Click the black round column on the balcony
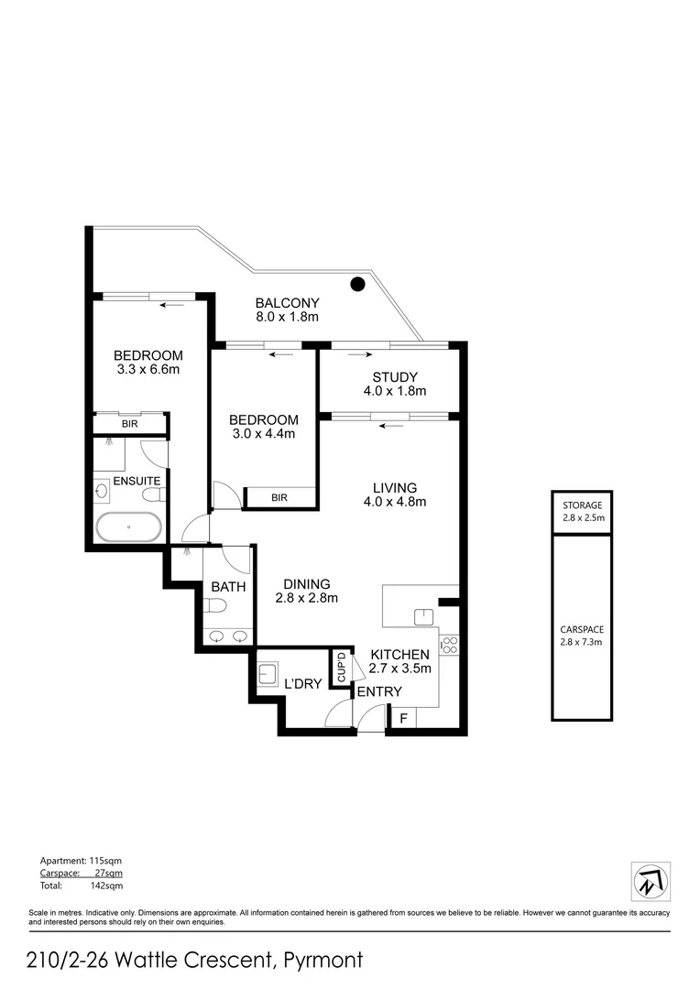[x=358, y=284]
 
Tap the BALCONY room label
[x=287, y=310]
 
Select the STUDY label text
[x=395, y=377]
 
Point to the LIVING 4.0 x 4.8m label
[x=394, y=494]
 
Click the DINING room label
[x=306, y=591]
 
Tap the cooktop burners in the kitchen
[x=449, y=644]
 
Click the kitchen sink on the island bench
[x=423, y=616]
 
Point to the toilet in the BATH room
[x=214, y=605]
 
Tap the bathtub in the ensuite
[x=129, y=528]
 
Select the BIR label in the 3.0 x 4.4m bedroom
[x=279, y=498]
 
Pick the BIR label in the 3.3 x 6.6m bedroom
[x=130, y=424]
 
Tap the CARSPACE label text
[x=582, y=630]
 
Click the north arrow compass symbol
[x=651, y=881]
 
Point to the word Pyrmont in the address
[x=324, y=961]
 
